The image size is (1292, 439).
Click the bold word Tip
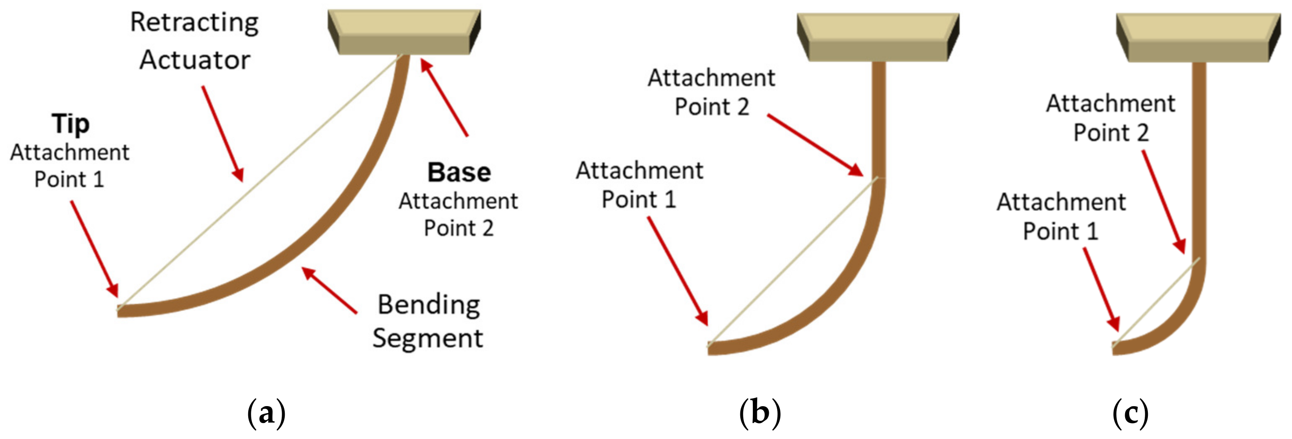pos(71,124)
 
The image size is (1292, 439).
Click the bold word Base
pos(459,173)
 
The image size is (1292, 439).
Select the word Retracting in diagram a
pos(194,23)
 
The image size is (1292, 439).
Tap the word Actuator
pos(194,60)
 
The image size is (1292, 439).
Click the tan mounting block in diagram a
pos(404,32)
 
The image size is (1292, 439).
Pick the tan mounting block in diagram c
pos(1198,38)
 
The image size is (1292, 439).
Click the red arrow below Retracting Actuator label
pos(223,133)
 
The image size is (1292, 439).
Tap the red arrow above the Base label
pos(444,97)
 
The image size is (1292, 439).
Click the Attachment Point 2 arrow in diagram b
pos(815,145)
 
